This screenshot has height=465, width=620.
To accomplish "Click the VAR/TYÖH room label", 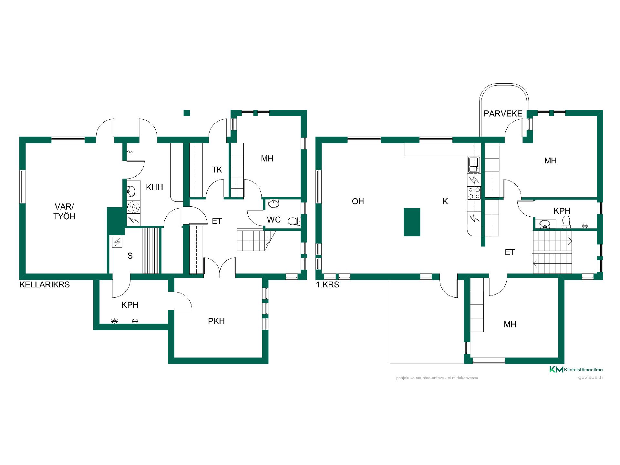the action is pos(64,212).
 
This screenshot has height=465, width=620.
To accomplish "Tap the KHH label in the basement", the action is pos(154,187).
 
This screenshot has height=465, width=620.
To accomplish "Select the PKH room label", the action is pos(216,321).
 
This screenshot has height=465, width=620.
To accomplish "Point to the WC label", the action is pos(274,220).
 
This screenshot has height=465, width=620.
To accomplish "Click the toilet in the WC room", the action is pos(294,221).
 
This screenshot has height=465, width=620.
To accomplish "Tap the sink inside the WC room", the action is pos(274,204).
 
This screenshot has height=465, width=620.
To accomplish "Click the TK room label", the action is pos(217,170).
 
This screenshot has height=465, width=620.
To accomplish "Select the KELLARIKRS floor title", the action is pos(45,284).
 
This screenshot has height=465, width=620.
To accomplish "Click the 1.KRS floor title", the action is pos(327,284).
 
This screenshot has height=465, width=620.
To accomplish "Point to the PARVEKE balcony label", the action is pos(503,113).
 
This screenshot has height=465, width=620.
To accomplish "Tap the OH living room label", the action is pos(358,201).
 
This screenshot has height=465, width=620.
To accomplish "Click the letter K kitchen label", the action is pos(445,201).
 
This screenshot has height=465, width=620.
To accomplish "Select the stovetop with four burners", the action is pos(474,193).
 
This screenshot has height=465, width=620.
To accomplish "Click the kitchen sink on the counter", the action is pos(474,165).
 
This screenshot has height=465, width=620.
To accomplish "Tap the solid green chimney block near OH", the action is pos(412,222).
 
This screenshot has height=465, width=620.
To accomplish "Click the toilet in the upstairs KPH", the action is pos(566,222).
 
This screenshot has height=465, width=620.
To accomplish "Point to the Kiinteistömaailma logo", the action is pos(576,369).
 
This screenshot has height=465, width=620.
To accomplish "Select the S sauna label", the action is pos(130,256).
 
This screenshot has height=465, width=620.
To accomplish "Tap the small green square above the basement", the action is pos(187,113).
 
